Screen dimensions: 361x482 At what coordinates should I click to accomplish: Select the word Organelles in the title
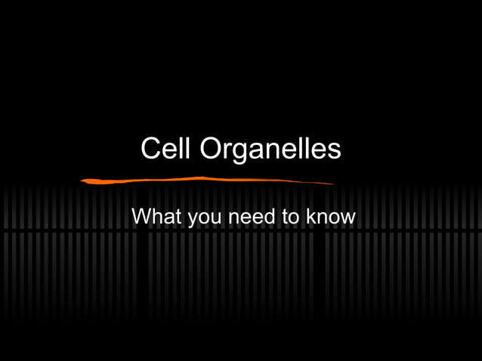point(270,150)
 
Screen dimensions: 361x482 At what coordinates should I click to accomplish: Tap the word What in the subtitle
point(156,217)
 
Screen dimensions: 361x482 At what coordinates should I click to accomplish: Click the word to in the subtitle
point(291,217)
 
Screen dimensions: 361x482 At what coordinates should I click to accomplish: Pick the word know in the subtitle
point(330,217)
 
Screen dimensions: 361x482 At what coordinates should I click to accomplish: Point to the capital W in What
point(142,217)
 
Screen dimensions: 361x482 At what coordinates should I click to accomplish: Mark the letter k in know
point(311,217)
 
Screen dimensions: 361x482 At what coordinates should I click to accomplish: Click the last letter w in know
point(348,218)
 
